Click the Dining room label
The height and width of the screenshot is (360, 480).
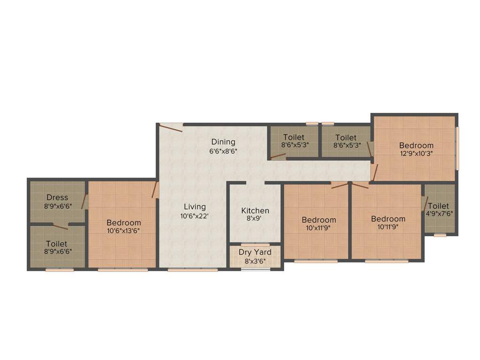click(223, 142)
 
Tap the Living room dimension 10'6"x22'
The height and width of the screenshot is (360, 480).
click(195, 216)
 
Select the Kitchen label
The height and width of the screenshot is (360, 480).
click(255, 211)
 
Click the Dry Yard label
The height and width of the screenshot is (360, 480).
click(255, 252)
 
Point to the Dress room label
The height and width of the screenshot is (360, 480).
click(57, 198)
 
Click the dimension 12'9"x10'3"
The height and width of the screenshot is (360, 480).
click(416, 153)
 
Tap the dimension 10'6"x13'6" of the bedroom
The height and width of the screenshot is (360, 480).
click(123, 231)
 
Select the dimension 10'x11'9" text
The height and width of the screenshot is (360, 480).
click(319, 228)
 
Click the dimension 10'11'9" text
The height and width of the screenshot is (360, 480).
click(388, 227)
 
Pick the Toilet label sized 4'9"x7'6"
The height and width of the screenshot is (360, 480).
click(438, 206)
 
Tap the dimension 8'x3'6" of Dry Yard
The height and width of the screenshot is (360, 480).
click(255, 261)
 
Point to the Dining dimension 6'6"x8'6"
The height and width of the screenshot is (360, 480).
click(223, 151)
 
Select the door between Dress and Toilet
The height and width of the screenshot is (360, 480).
click(60, 227)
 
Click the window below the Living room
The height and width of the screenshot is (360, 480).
click(193, 270)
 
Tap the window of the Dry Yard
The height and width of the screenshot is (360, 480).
click(255, 269)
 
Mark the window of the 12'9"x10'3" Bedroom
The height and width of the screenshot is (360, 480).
click(457, 148)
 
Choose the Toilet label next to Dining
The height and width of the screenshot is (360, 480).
click(294, 137)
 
